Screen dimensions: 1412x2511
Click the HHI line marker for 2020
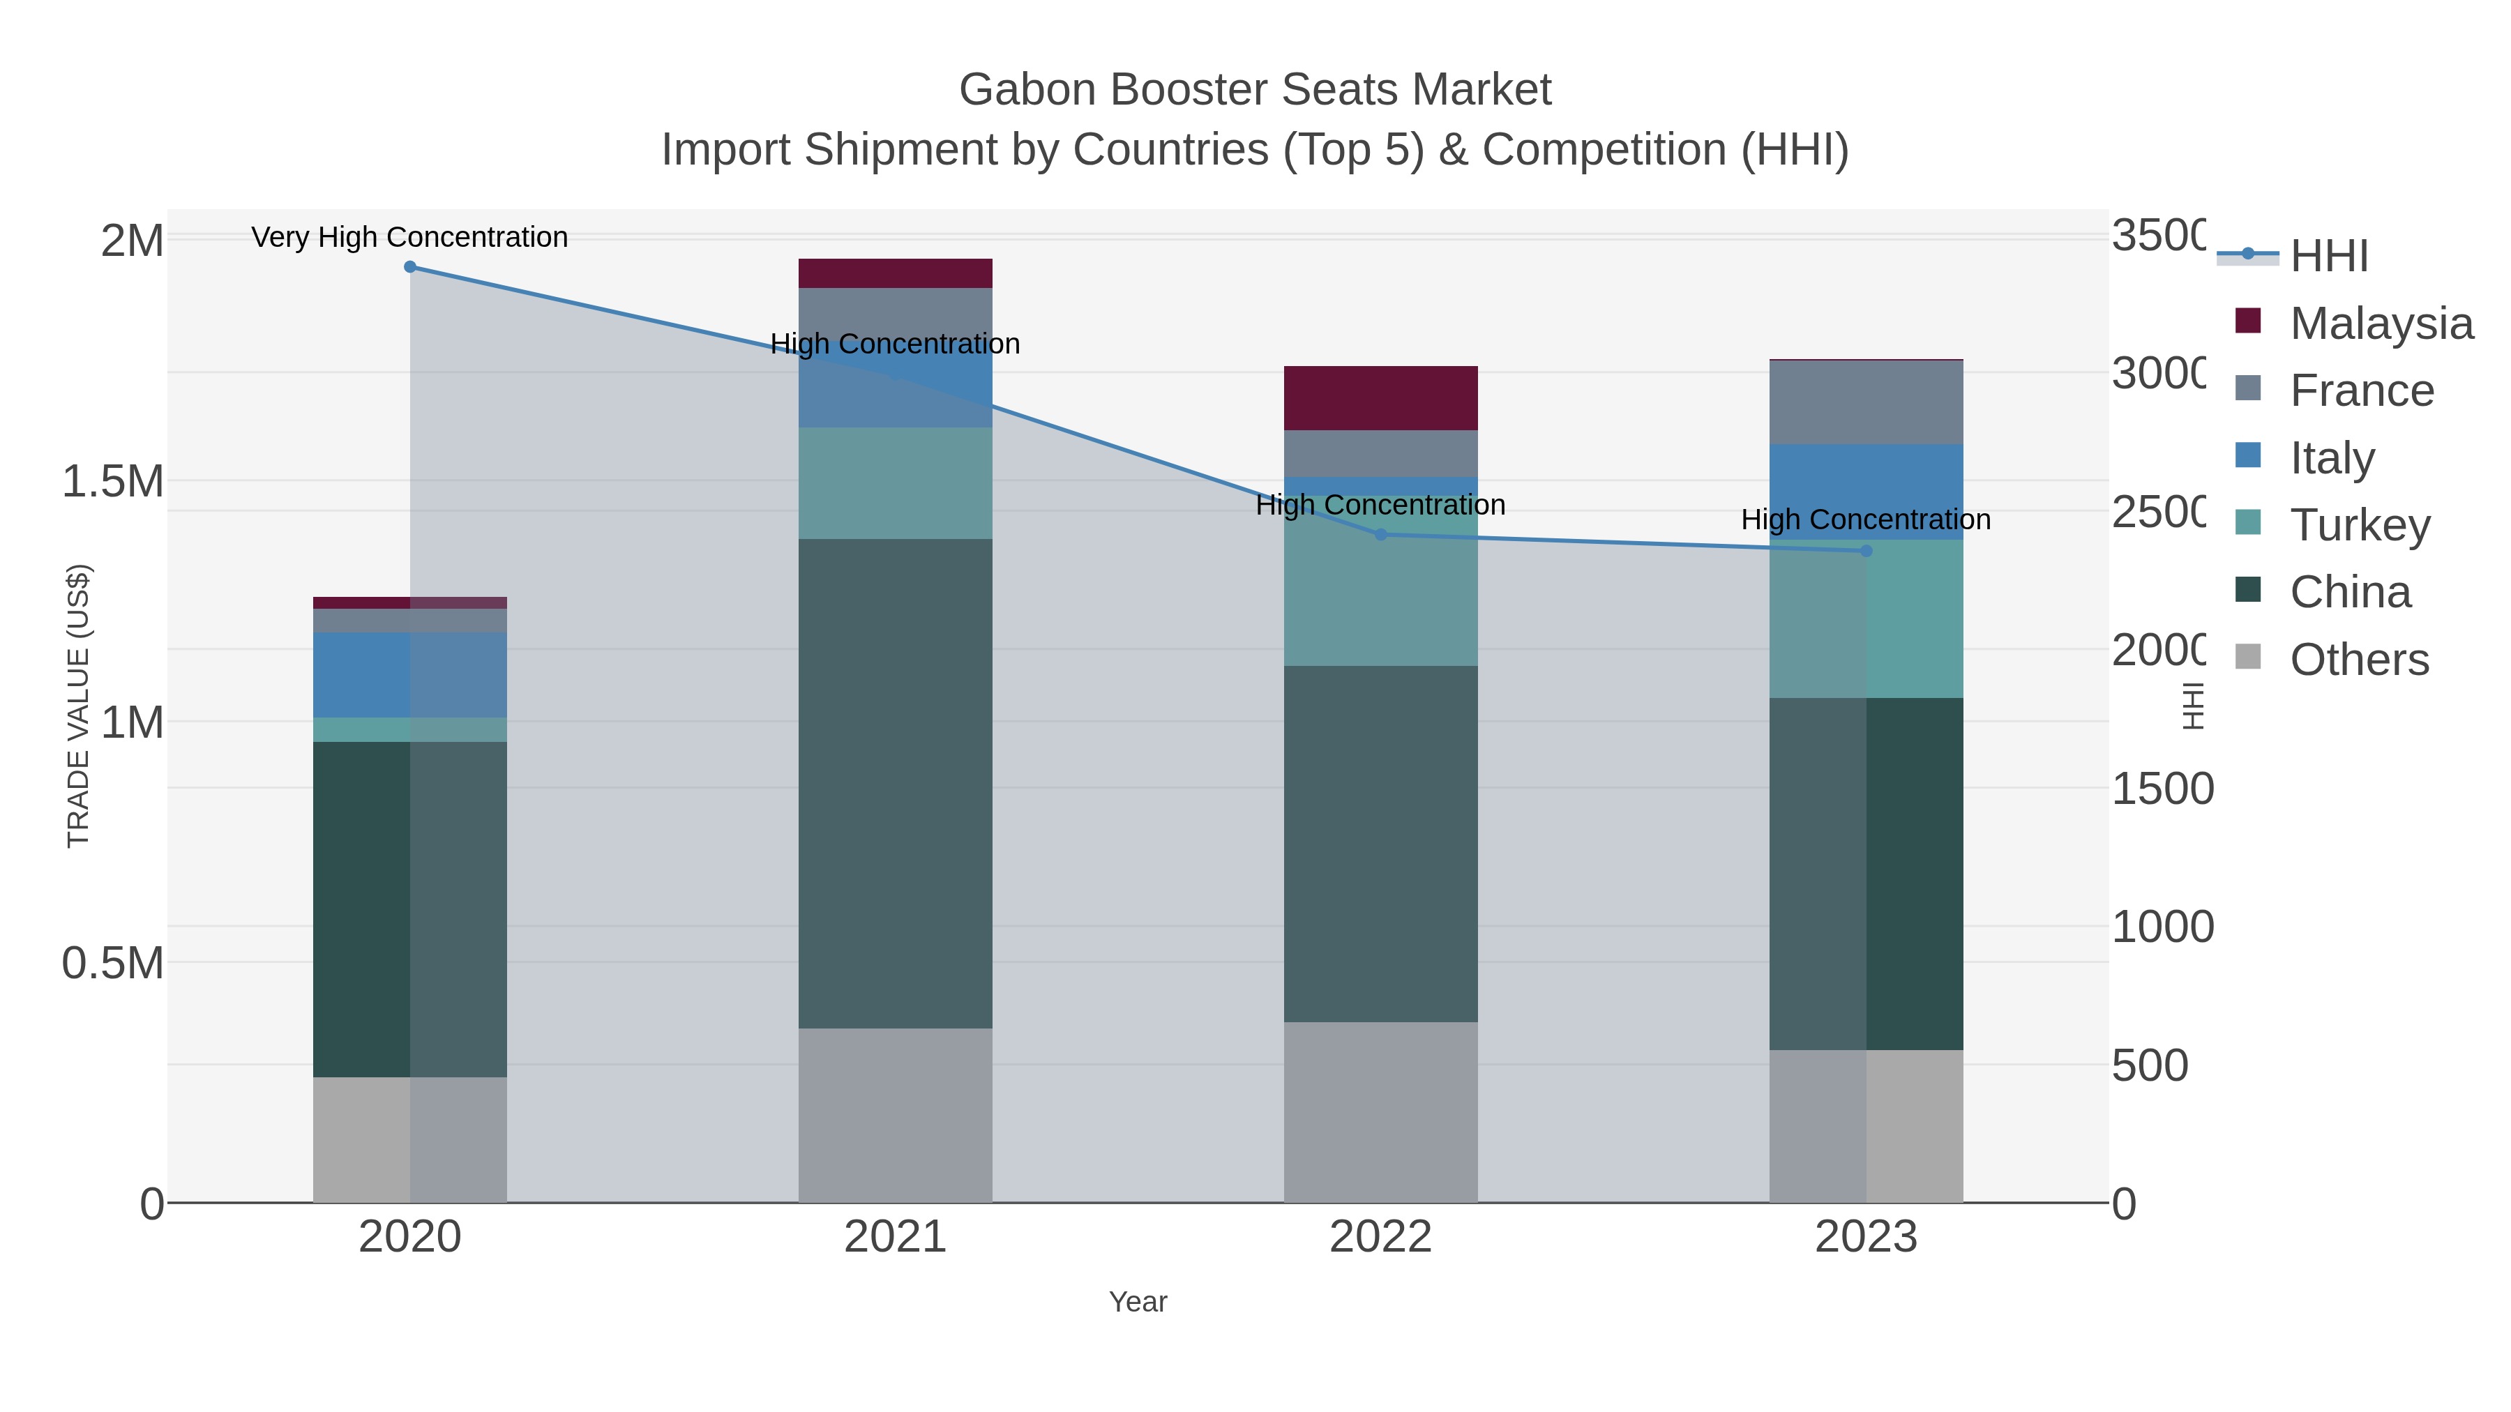pyautogui.click(x=409, y=267)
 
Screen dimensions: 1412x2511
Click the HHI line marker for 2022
pyautogui.click(x=1380, y=534)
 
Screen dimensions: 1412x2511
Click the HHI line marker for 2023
pyautogui.click(x=1866, y=551)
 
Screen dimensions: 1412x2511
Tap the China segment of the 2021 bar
pyautogui.click(x=895, y=784)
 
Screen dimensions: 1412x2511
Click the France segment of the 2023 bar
pyautogui.click(x=1866, y=402)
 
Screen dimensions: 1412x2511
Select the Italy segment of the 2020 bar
pyautogui.click(x=409, y=674)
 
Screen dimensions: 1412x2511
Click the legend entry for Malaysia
pyautogui.click(x=2381, y=324)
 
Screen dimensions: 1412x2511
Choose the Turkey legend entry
pyautogui.click(x=2359, y=524)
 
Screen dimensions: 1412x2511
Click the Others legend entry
pyautogui.click(x=2359, y=660)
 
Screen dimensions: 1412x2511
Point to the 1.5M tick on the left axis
pyautogui.click(x=113, y=481)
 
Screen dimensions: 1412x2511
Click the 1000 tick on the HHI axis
pyautogui.click(x=2162, y=927)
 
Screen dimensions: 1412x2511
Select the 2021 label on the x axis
pyautogui.click(x=895, y=1238)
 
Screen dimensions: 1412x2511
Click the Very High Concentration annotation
pyautogui.click(x=409, y=237)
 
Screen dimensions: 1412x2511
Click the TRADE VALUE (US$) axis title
pyautogui.click(x=78, y=706)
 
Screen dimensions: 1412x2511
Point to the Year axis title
pyautogui.click(x=1138, y=1302)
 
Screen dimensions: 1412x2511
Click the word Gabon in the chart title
pyautogui.click(x=1027, y=90)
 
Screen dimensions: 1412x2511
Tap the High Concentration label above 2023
pyautogui.click(x=1866, y=519)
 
